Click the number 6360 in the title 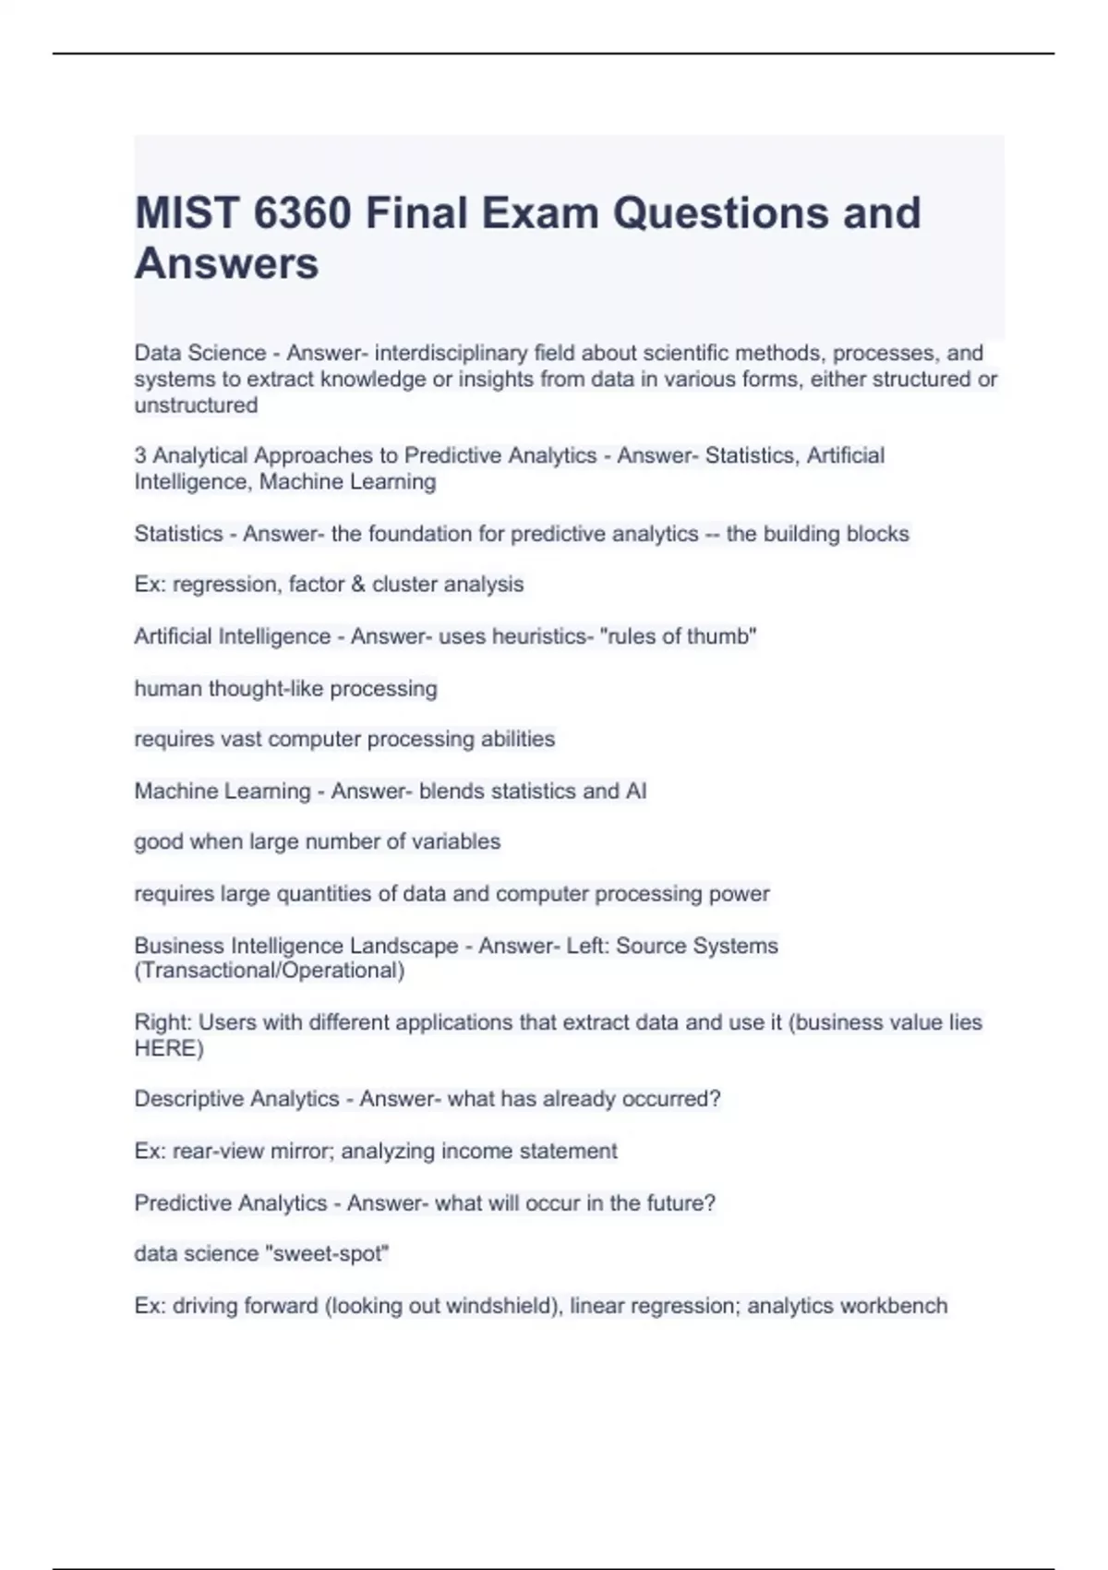point(301,213)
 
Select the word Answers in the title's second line point(226,263)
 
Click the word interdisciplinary point(452,353)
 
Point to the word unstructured point(196,405)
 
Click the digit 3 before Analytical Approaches point(140,455)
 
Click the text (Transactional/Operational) point(269,971)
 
